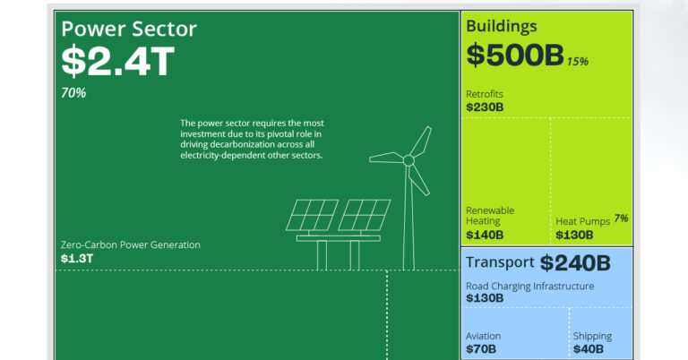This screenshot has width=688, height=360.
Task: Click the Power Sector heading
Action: click(x=129, y=29)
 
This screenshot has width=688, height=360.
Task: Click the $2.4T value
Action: click(x=117, y=62)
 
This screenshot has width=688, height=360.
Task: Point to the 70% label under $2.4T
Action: click(x=73, y=93)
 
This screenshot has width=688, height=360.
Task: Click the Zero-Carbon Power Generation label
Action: click(x=131, y=244)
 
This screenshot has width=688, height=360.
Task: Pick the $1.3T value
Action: click(x=76, y=258)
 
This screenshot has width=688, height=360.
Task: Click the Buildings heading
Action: click(x=502, y=26)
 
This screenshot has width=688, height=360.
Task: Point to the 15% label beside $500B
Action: click(x=577, y=61)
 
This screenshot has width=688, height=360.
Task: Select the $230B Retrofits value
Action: click(x=485, y=107)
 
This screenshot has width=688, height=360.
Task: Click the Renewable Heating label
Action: click(x=490, y=216)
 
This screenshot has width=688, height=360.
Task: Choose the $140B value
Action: click(x=485, y=235)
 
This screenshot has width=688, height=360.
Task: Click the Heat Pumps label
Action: click(x=582, y=220)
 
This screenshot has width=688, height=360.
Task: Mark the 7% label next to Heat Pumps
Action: click(x=621, y=218)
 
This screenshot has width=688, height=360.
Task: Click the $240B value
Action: click(x=574, y=262)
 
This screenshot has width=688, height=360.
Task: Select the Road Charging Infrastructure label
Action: click(x=529, y=286)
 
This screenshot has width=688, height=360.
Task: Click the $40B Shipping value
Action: click(x=589, y=348)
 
